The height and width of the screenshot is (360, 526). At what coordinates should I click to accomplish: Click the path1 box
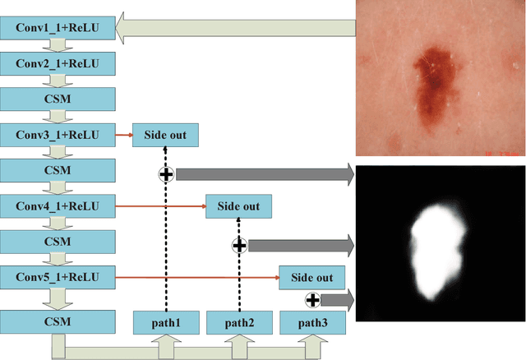coord(165,321)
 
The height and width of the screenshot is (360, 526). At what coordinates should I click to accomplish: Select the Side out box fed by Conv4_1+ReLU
coord(238,206)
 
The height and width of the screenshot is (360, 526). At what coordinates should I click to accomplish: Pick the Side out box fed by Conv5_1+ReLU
coord(312,278)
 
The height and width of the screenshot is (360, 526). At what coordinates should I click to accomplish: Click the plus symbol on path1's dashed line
coord(165,173)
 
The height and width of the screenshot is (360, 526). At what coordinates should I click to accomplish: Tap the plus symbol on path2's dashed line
coord(239,244)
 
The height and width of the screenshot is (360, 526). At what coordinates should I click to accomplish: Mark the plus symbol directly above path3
coord(312,299)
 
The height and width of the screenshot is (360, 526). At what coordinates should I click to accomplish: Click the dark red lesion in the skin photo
coord(432,86)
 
